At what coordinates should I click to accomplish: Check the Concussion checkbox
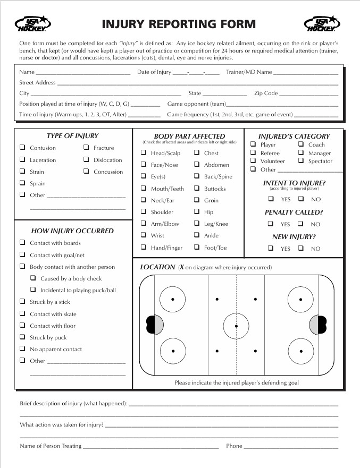[86, 172]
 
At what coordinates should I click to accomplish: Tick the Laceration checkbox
[22, 160]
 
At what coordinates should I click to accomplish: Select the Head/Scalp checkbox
[144, 153]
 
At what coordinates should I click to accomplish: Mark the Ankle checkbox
[197, 235]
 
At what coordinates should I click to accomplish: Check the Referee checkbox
[253, 153]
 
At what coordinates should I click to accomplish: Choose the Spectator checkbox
[301, 161]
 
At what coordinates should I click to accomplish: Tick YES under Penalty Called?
[271, 224]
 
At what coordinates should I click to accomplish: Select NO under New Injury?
[301, 248]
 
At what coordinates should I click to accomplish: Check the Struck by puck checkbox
[22, 337]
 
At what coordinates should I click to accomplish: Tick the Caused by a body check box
[33, 278]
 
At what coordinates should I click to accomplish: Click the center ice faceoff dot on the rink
[236, 325]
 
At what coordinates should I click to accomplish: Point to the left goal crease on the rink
[158, 325]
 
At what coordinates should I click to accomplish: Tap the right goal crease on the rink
[315, 325]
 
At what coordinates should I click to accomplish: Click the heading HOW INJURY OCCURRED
[72, 231]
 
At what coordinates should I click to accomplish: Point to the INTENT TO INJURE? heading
[294, 183]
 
